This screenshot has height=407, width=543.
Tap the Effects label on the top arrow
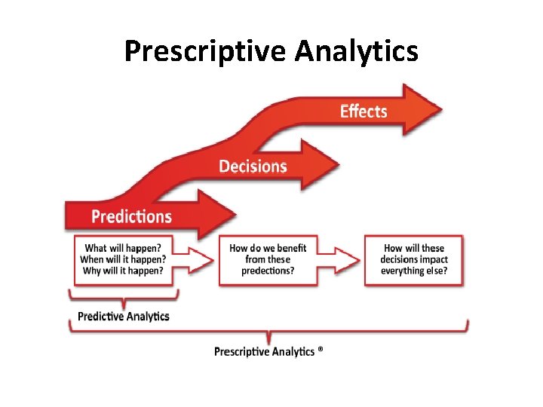[364, 112]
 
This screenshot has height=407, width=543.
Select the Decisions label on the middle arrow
[253, 166]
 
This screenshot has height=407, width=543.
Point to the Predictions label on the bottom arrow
[131, 217]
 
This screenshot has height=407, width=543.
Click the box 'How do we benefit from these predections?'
[268, 260]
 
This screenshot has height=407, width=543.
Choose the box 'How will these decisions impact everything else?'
[414, 260]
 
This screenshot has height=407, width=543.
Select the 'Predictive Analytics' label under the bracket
[124, 317]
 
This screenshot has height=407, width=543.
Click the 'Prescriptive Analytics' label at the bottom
[264, 352]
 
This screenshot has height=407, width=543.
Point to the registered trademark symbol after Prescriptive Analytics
[321, 350]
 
